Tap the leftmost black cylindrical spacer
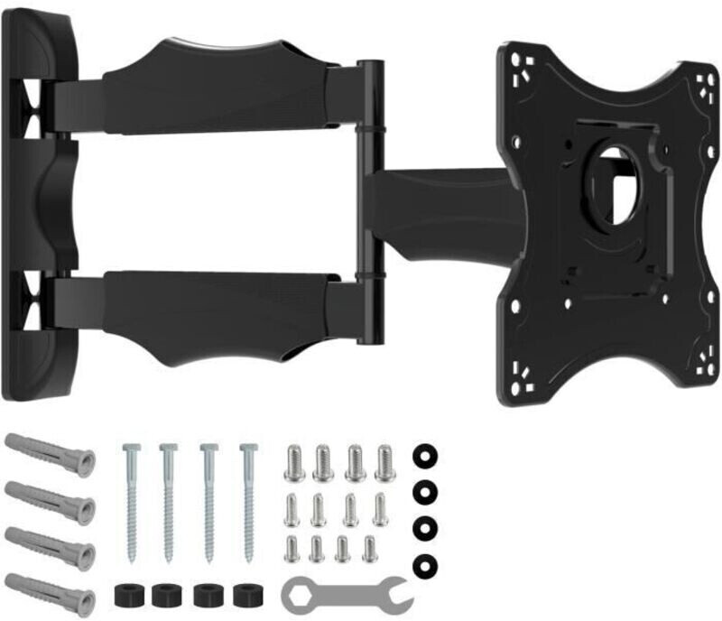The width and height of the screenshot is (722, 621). coord(126,597)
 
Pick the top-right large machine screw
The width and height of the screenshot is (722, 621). coord(384,463)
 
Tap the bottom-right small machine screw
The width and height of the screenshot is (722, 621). coord(369,548)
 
